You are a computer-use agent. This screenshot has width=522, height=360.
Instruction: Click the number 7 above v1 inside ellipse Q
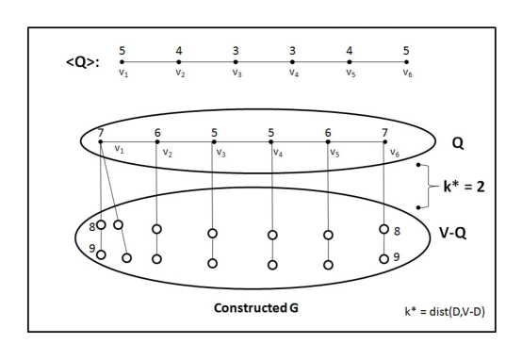coord(100,131)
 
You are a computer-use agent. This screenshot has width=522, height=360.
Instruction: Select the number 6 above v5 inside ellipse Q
coord(329,132)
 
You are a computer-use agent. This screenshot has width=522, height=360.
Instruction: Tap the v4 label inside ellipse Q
coord(278,152)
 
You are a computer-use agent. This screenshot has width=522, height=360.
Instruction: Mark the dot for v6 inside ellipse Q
coord(384,143)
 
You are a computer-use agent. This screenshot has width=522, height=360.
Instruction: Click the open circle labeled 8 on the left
coord(101,226)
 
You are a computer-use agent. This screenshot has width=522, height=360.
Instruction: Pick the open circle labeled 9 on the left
coord(101,254)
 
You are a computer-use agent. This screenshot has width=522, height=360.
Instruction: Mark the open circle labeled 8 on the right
coord(383,229)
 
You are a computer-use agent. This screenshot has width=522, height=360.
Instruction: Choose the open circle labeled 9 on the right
coord(383,258)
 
